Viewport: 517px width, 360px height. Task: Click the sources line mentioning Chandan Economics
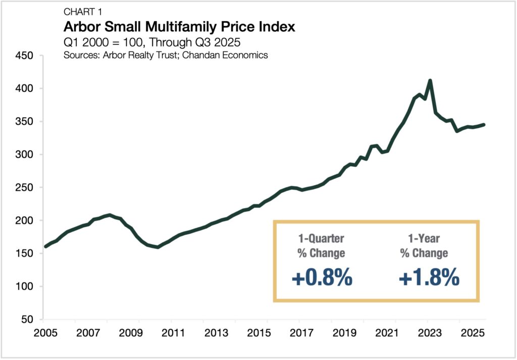tap(165, 55)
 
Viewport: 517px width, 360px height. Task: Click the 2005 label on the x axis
tap(43, 334)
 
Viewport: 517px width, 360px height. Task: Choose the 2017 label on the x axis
tap(299, 334)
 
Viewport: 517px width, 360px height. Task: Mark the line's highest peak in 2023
tap(430, 80)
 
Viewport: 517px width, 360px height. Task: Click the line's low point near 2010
tap(158, 247)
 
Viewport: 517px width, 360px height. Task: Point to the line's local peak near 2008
tap(110, 215)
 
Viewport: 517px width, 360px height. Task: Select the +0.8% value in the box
tap(321, 278)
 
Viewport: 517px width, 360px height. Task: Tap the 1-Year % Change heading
tap(424, 245)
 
